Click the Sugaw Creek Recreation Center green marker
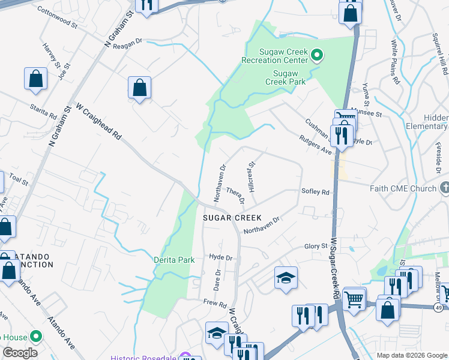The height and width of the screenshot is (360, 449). click(x=318, y=56)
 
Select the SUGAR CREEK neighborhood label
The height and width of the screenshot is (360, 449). click(x=232, y=217)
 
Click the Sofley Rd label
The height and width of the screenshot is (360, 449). click(x=316, y=192)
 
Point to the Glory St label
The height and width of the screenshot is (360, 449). click(x=316, y=246)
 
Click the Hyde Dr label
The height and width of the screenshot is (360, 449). click(x=220, y=257)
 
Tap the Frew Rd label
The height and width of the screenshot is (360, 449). click(x=215, y=303)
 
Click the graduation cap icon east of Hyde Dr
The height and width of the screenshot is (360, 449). click(x=286, y=277)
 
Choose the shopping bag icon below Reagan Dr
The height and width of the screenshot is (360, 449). click(x=139, y=88)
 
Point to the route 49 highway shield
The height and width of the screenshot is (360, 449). click(x=441, y=307)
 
